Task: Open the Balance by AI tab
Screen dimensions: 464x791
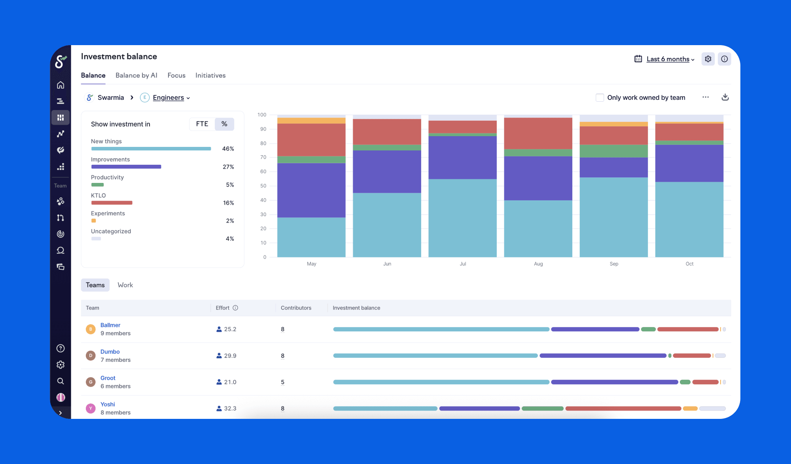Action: click(136, 75)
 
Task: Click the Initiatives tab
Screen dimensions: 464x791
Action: click(210, 75)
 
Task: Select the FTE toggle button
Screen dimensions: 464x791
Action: click(202, 124)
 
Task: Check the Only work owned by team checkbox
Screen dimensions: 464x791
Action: click(600, 97)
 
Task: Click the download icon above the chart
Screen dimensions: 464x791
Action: click(725, 97)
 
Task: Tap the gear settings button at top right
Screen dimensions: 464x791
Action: click(708, 59)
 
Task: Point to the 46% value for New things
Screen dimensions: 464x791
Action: click(228, 149)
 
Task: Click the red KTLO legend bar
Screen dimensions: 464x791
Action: click(112, 203)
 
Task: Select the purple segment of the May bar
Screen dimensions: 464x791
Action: click(311, 190)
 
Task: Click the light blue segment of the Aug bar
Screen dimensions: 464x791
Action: click(538, 228)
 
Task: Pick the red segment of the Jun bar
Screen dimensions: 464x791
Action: click(387, 131)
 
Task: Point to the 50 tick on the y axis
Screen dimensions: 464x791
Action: click(263, 186)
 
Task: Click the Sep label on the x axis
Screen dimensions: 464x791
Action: click(614, 264)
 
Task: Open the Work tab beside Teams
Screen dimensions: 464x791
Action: click(125, 285)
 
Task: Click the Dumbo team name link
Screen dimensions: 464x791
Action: click(110, 352)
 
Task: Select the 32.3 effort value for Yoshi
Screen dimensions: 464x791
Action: click(230, 408)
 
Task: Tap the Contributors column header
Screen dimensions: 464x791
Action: click(296, 308)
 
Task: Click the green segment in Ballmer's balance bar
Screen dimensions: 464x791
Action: click(648, 329)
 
